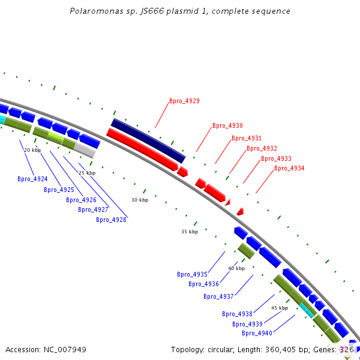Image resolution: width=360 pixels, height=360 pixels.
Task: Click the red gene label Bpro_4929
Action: [x=184, y=101]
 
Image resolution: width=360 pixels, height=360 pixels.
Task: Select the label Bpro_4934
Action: [x=289, y=168]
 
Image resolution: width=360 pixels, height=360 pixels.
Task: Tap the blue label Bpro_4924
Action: [x=32, y=179]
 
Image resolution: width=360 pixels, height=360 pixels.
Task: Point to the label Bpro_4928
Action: [x=111, y=220]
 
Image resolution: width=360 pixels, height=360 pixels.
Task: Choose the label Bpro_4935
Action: [x=192, y=274]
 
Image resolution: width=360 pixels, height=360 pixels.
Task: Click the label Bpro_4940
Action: [x=257, y=333]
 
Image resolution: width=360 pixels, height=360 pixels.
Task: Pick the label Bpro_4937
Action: [x=218, y=296]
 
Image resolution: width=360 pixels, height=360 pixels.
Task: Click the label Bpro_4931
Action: [x=247, y=138]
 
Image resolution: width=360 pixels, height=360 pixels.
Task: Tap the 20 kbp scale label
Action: [x=32, y=150]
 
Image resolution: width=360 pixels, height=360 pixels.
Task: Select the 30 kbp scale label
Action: [x=140, y=200]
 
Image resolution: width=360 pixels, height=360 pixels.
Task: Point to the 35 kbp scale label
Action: [x=190, y=232]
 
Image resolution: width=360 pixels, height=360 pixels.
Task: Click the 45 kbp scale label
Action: [x=280, y=308]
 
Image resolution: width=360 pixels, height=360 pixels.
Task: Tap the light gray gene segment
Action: [x=85, y=151]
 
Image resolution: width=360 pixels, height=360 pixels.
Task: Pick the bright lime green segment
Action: [x=56, y=136]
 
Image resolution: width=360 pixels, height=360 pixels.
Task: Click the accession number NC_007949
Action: [x=65, y=350]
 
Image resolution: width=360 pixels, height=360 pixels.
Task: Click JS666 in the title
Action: [x=152, y=11]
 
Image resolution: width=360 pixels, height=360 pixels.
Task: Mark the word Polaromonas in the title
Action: [x=97, y=11]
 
